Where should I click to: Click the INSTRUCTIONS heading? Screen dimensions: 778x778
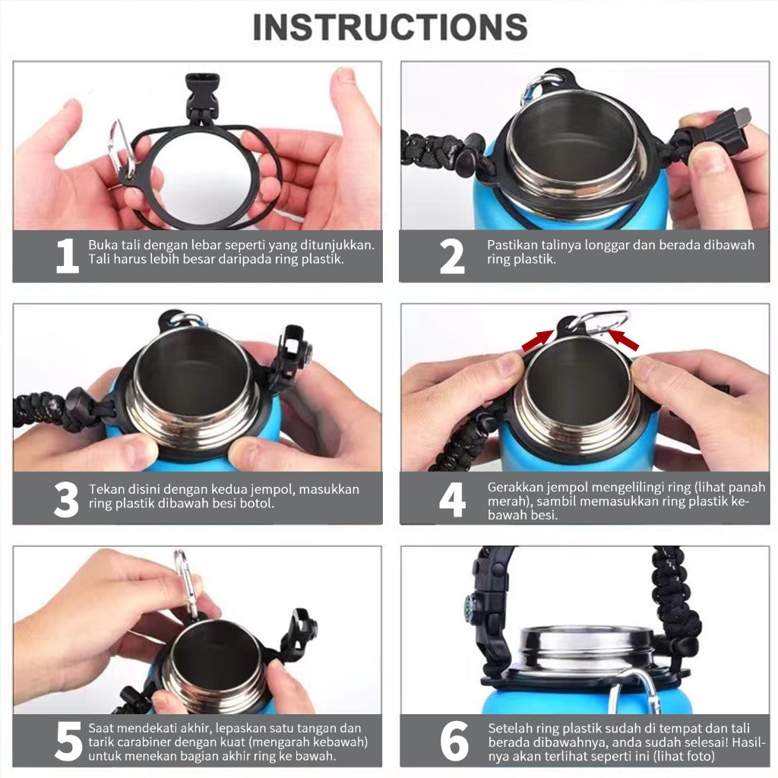(390, 27)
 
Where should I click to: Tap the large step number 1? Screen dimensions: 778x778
(68, 256)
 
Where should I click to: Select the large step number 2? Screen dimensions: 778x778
(452, 256)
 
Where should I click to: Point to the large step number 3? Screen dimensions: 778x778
(67, 499)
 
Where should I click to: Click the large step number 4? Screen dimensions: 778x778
(452, 500)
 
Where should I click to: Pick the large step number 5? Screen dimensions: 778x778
(68, 741)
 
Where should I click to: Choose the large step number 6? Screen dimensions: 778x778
(454, 741)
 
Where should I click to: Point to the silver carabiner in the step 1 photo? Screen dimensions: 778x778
(122, 150)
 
